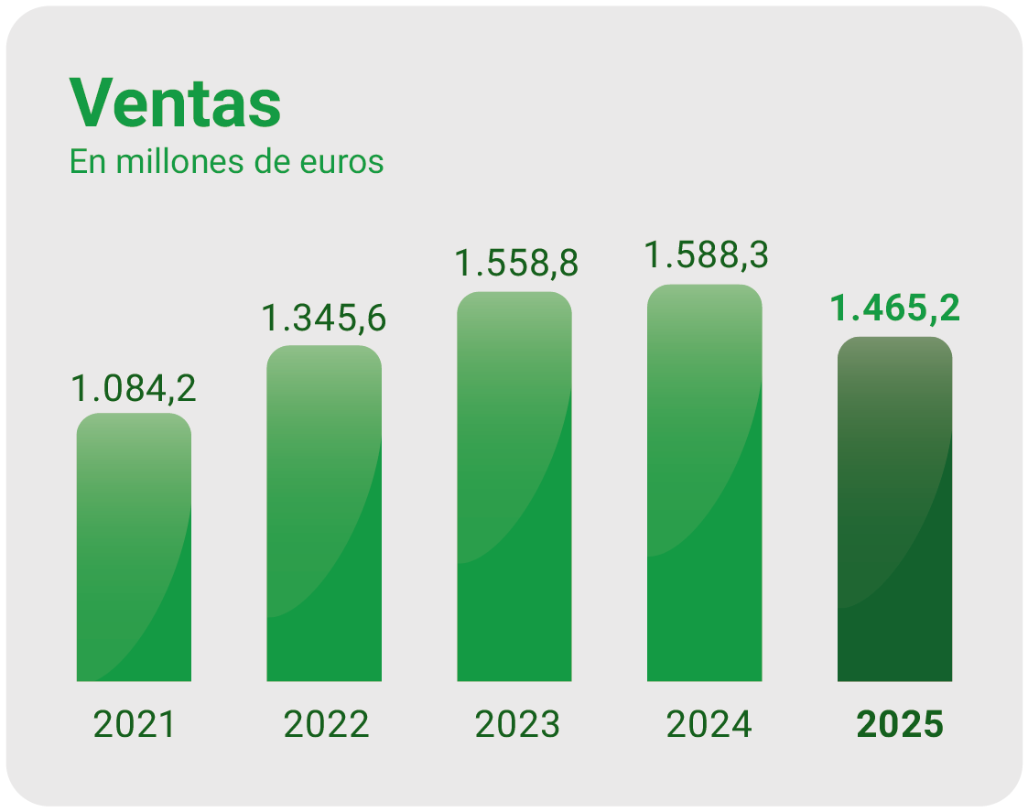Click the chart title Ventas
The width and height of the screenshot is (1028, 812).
tap(175, 103)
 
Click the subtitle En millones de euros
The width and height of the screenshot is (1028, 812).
tap(226, 162)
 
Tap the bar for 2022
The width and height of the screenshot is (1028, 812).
tap(324, 514)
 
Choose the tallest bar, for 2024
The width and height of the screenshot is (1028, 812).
tap(704, 483)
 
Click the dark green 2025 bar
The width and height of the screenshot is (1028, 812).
tap(894, 509)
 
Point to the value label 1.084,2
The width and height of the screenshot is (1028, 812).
tap(134, 389)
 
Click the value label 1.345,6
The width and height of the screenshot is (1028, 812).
tap(324, 319)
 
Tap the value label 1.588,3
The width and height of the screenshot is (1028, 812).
tap(706, 254)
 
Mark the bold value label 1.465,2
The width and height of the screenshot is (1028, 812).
tap(894, 309)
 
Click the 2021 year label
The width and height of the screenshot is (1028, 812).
tap(134, 725)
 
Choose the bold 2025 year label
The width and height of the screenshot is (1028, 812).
tap(899, 725)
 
